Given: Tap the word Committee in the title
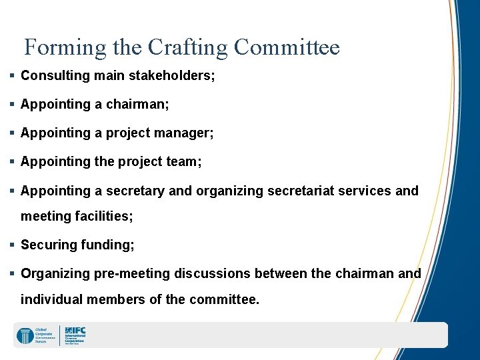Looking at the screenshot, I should pos(287,48).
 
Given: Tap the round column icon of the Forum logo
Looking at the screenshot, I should pos(25,335).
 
